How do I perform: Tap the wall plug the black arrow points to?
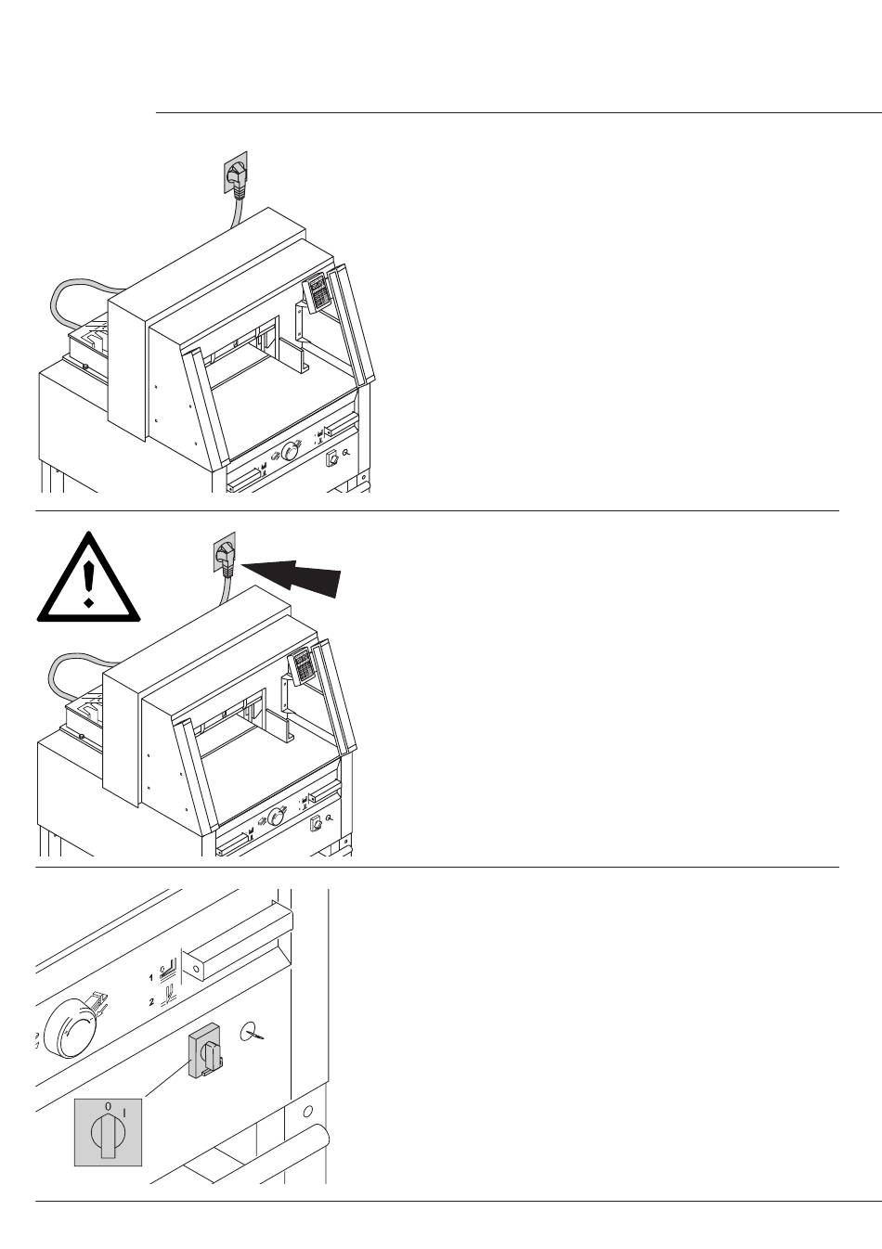click(x=225, y=555)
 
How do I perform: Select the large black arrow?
click(x=292, y=577)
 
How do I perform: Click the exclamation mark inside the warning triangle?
click(x=88, y=585)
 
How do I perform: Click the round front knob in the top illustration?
click(x=290, y=451)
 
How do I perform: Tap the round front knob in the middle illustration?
click(x=276, y=818)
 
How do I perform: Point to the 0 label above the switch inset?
click(x=108, y=1106)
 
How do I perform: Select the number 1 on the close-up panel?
click(x=150, y=977)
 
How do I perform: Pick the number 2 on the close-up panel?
click(x=151, y=1002)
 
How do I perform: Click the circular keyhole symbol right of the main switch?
click(x=251, y=1032)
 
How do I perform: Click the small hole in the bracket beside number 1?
click(x=195, y=970)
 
